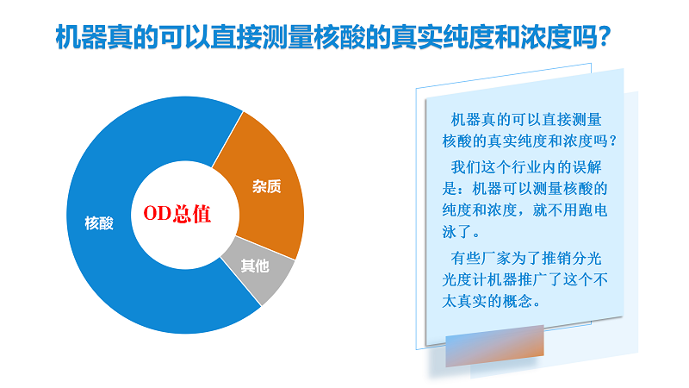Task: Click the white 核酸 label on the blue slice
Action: pyautogui.click(x=99, y=223)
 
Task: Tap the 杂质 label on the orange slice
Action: pyautogui.click(x=267, y=186)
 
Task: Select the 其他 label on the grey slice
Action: pyautogui.click(x=255, y=266)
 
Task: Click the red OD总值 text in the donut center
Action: pyautogui.click(x=177, y=213)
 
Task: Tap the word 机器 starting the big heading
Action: pyautogui.click(x=81, y=37)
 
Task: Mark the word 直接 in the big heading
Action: pyautogui.click(x=236, y=37)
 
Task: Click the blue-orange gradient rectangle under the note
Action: pyautogui.click(x=494, y=346)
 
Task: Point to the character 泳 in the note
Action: pyautogui.click(x=450, y=231)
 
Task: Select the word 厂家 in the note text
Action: pyautogui.click(x=496, y=258)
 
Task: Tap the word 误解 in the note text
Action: pyautogui.click(x=587, y=167)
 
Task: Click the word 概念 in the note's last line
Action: pyautogui.click(x=518, y=301)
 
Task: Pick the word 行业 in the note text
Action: pyautogui.click(x=526, y=167)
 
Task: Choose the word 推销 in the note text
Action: pyautogui.click(x=556, y=258)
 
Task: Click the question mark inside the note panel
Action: pyautogui.click(x=613, y=141)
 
